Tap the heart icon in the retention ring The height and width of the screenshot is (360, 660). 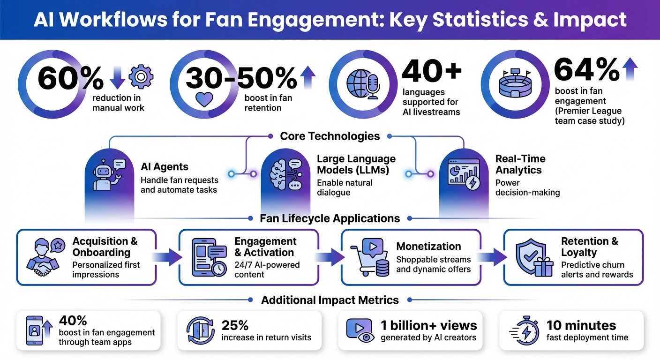[204, 99]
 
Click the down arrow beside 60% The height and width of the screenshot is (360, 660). [117, 78]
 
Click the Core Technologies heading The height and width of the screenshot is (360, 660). [330, 136]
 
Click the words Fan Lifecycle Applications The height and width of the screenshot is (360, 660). [330, 218]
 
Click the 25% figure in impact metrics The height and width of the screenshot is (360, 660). [235, 325]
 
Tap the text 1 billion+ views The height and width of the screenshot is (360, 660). [428, 325]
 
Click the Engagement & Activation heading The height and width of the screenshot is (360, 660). [265, 247]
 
